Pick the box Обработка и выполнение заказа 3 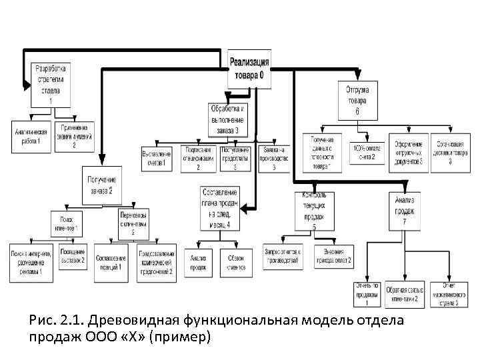point(228,119)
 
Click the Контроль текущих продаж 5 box point(315,211)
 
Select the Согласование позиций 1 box point(112,261)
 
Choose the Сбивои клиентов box point(236,262)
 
